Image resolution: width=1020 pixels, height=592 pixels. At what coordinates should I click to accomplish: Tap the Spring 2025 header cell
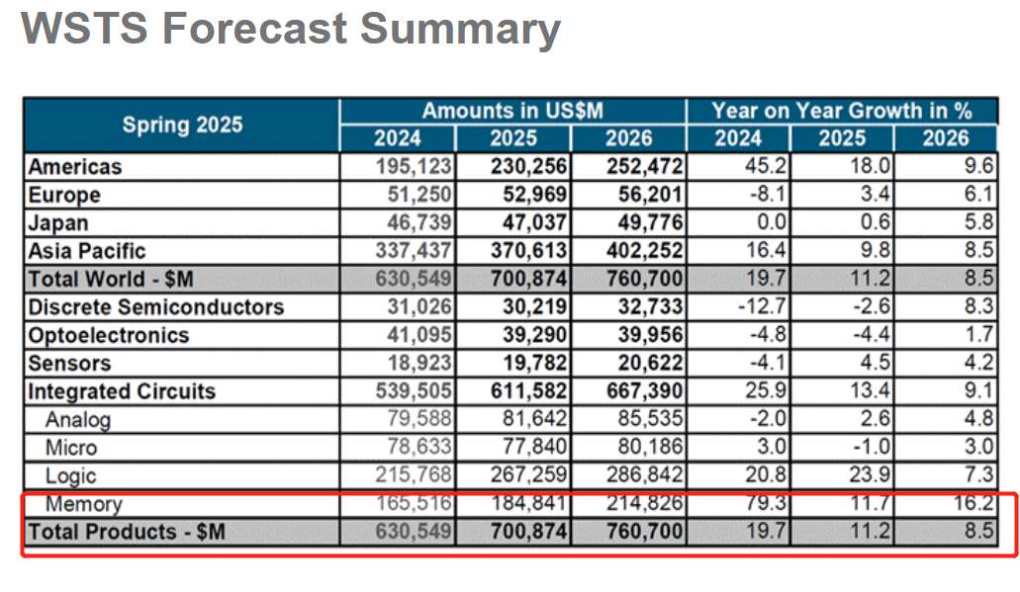coord(182,125)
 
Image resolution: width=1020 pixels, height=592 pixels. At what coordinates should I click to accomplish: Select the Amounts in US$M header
coord(511,111)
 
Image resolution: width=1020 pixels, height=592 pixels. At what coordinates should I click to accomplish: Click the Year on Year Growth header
coord(841,111)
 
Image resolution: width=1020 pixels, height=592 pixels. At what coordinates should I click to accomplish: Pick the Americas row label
coord(75,167)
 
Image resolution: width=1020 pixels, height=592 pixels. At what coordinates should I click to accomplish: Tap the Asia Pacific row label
coord(87,251)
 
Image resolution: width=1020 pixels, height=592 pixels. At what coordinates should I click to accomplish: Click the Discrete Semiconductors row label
coord(155,307)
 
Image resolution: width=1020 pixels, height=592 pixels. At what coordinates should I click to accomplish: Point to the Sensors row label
coord(69,364)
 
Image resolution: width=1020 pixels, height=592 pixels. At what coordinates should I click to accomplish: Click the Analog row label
coord(78,419)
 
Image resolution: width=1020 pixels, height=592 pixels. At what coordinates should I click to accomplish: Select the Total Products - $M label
coord(127,532)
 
